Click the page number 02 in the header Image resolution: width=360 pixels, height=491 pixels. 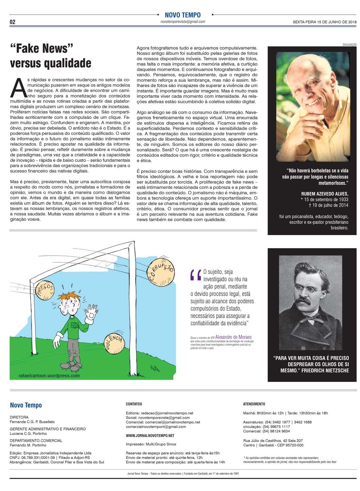coord(13,22)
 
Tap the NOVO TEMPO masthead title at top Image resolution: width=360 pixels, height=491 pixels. coord(182,15)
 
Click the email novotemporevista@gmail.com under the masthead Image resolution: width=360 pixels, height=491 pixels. coord(183,21)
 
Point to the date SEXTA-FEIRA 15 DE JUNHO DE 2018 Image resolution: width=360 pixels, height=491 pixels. coord(324,22)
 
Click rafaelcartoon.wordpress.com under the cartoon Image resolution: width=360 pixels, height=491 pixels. coord(49,376)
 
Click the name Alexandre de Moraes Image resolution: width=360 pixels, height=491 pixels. coord(233,337)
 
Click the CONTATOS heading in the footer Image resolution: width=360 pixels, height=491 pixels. coord(134,404)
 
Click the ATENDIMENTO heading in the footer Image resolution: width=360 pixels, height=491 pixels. coord(254,404)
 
